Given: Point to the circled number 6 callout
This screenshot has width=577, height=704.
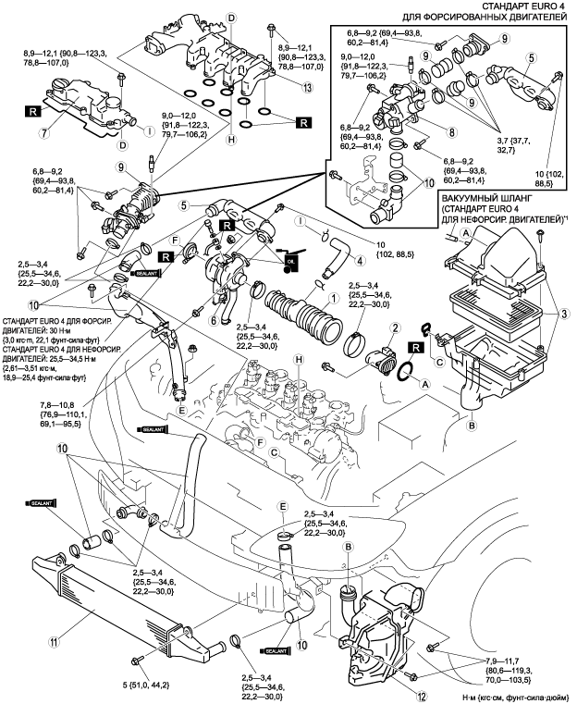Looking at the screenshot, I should tap(214, 320).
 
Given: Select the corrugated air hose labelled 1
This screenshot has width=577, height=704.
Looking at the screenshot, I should tap(296, 315).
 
